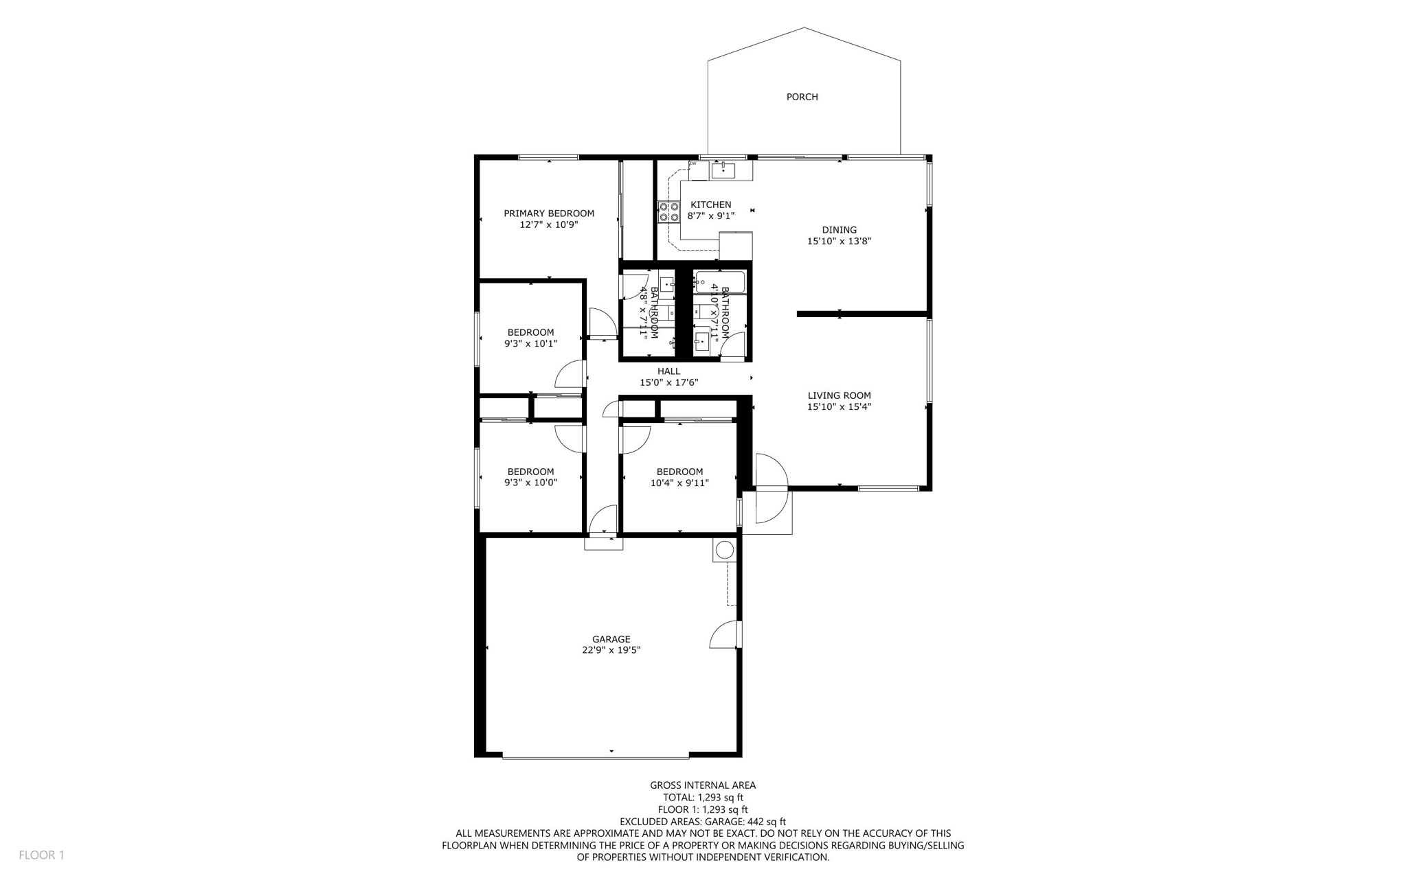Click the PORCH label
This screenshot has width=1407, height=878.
point(802,97)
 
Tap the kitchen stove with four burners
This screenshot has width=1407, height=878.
point(669,211)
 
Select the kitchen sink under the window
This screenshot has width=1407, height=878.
point(723,170)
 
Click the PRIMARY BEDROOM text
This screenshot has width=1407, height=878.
point(549,213)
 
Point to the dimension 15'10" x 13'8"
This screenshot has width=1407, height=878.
point(839,241)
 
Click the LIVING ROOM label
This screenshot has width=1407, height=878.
point(839,395)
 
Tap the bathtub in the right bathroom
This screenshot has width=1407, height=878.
point(719,281)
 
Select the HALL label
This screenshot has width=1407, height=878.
point(668,371)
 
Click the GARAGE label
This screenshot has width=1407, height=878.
point(611,639)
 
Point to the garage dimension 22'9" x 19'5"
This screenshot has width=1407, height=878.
point(611,650)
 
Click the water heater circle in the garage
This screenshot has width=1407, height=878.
point(724,550)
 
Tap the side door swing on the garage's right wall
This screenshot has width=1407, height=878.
point(725,635)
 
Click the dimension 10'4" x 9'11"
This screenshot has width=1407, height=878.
point(679,483)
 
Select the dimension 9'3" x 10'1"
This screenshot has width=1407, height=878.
point(530,343)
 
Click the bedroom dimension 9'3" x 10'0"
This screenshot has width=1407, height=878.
point(530,483)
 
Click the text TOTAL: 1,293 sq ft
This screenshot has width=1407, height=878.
point(703,798)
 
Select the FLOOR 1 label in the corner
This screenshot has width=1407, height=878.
point(41,855)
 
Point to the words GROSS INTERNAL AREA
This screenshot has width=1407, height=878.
point(703,785)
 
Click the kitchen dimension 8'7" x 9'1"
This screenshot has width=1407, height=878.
point(710,216)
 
